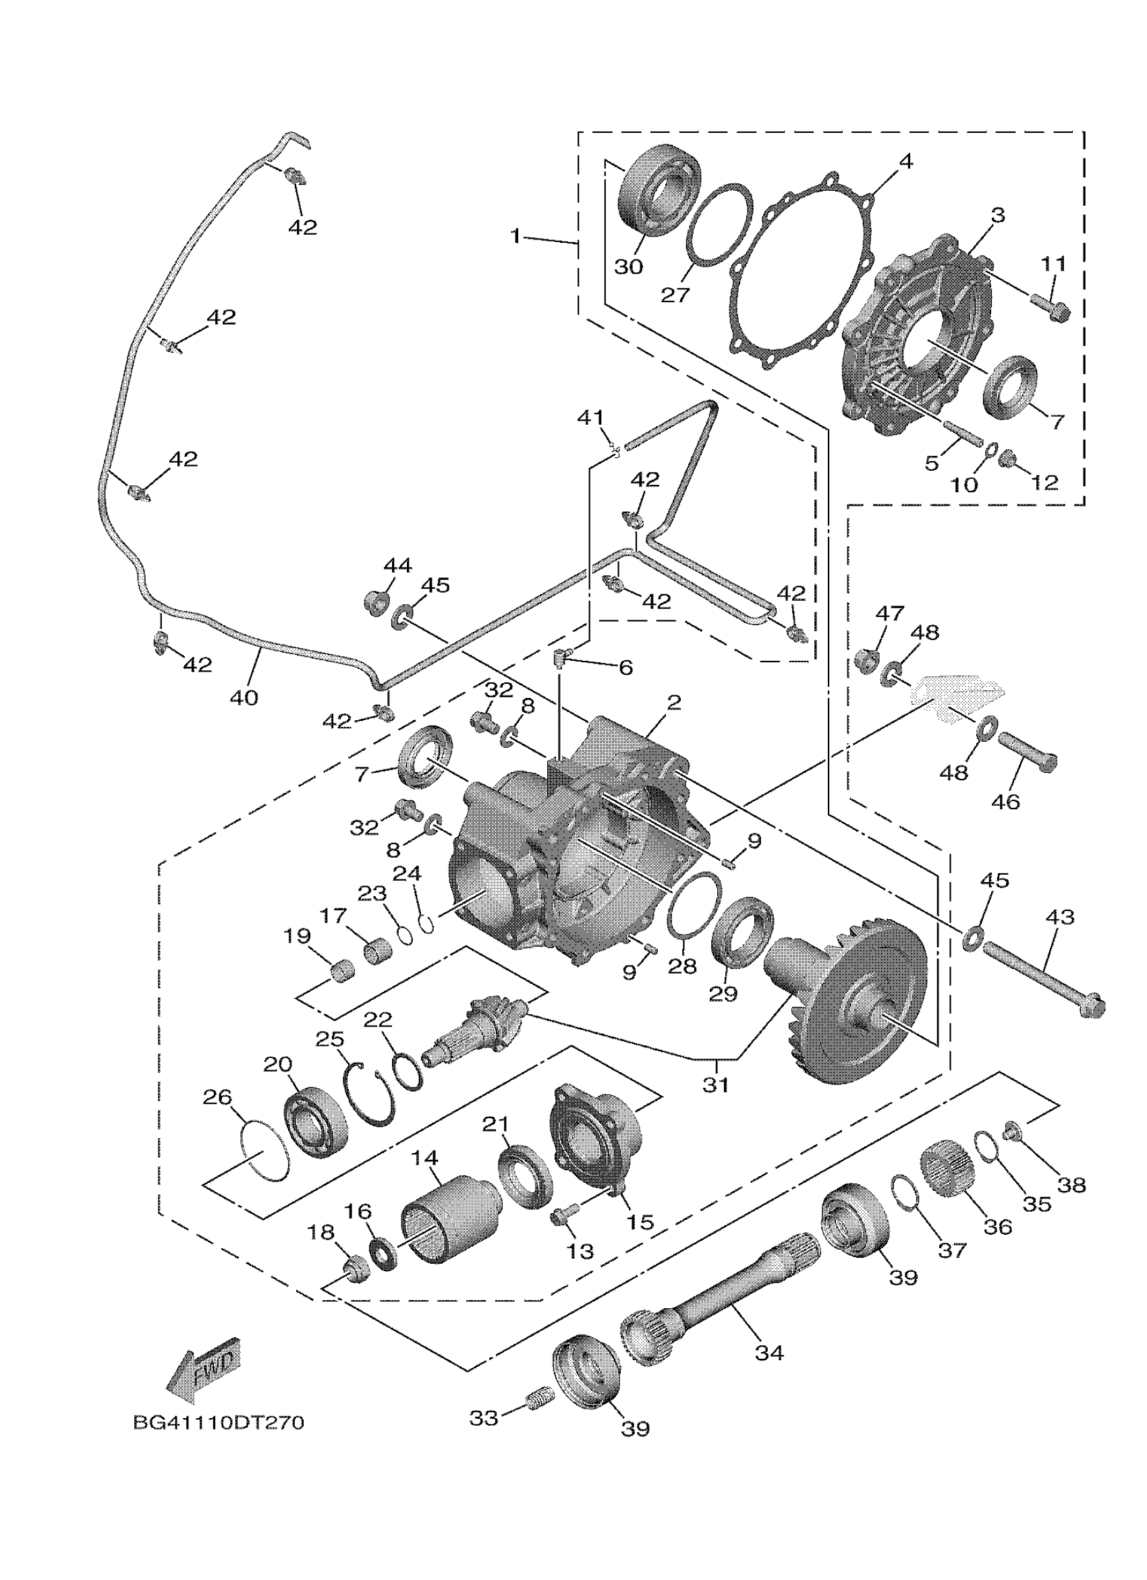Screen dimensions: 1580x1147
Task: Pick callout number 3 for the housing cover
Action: (998, 215)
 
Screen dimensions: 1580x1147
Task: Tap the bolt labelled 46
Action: (1028, 753)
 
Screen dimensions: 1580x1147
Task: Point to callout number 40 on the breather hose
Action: (244, 697)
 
